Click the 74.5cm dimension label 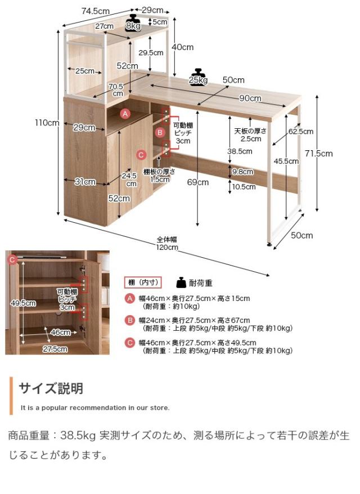tap(95, 11)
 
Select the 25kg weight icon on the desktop tap(197, 77)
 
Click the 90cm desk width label tap(250, 98)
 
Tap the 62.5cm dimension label tap(300, 131)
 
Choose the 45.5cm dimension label tap(286, 161)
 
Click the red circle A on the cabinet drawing tap(126, 114)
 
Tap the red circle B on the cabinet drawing tap(160, 133)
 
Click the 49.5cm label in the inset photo tap(23, 303)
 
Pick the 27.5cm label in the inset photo tap(56, 349)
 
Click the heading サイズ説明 tap(51, 388)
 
